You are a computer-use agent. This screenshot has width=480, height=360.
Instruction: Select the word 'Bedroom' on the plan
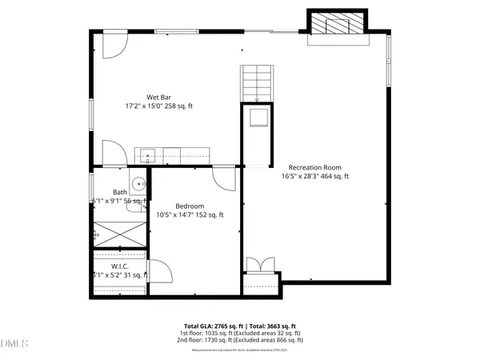pos(189,206)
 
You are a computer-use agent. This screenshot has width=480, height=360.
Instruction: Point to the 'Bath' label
pos(119,192)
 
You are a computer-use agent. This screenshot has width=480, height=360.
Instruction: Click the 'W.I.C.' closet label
pos(119,266)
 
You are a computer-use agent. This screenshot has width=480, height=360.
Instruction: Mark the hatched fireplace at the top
pos(336,24)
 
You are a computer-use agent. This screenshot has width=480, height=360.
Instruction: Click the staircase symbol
pos(257,82)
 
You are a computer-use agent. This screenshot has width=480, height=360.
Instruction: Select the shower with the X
pos(120,234)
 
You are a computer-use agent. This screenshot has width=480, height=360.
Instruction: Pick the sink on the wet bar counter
pos(146,154)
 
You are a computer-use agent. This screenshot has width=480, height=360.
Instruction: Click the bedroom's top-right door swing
pos(225,178)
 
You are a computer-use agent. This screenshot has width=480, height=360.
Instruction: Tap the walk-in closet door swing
pos(159,272)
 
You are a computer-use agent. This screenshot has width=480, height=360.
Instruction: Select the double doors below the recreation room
pos(258,267)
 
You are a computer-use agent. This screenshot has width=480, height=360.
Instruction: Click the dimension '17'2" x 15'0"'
pos(143,106)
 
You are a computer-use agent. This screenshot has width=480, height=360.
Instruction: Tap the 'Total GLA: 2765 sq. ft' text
pos(218,326)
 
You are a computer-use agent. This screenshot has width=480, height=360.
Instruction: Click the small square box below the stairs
pos(257,118)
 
